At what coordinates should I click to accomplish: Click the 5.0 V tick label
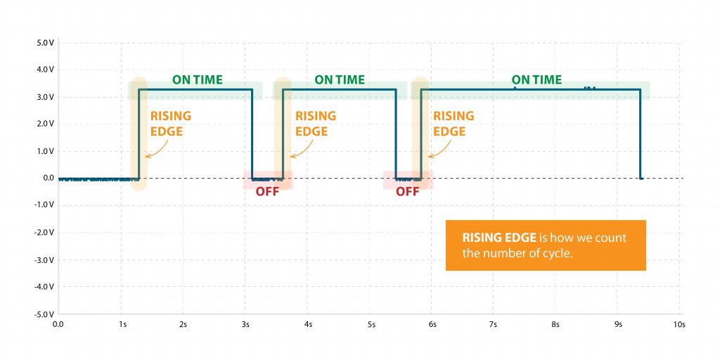click(x=46, y=43)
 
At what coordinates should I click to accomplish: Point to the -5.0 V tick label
click(x=44, y=314)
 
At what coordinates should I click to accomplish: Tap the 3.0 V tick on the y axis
click(x=46, y=97)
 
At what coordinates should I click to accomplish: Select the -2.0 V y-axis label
click(x=44, y=233)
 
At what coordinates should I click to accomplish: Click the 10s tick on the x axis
click(x=679, y=324)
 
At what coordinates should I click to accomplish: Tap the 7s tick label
click(x=494, y=324)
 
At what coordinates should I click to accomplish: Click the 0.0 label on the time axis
click(x=58, y=324)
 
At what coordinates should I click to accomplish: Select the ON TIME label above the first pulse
click(x=198, y=80)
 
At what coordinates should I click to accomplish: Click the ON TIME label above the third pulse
click(x=536, y=80)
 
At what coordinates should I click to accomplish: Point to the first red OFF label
click(x=267, y=191)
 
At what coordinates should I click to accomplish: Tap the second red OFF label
click(x=407, y=191)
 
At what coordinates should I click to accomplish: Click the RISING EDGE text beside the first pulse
click(x=170, y=124)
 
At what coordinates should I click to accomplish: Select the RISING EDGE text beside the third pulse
click(x=454, y=124)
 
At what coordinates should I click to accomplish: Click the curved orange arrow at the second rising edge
click(x=302, y=150)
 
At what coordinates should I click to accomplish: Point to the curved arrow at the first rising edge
click(x=157, y=150)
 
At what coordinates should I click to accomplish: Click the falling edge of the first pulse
click(x=252, y=134)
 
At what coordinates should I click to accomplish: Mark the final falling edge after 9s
click(x=640, y=134)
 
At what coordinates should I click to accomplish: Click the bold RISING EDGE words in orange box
click(x=499, y=238)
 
